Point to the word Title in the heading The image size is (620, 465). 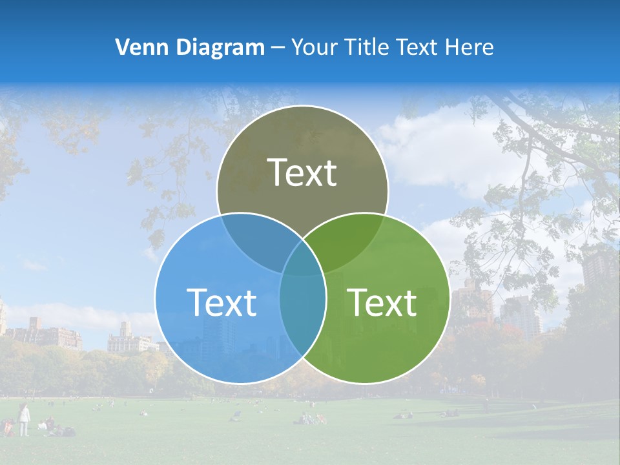367,47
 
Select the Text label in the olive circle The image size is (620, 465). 302,172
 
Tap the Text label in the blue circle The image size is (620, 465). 222,302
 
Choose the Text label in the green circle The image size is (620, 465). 382,302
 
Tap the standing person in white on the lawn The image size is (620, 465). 24,419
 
